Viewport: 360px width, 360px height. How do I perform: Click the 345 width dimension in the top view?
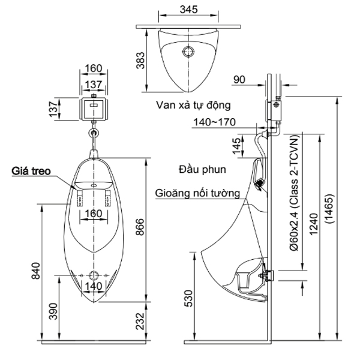click(189, 10)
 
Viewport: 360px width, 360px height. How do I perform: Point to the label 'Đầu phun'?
click(202, 169)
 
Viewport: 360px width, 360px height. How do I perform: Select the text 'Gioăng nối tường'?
click(198, 194)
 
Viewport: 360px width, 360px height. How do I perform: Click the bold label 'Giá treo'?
click(30, 171)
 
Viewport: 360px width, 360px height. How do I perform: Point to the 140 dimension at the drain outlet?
click(94, 287)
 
